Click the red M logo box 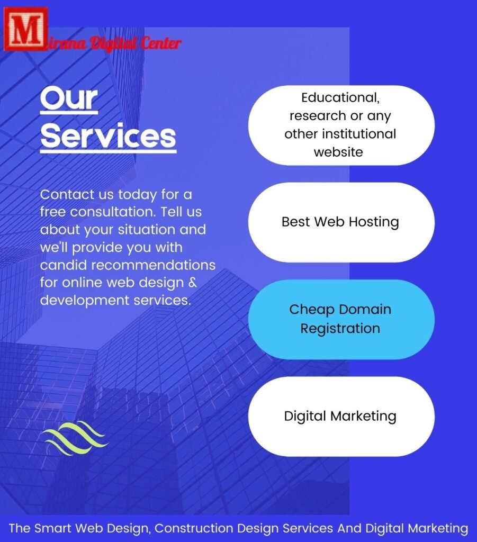point(25,30)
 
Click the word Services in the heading point(108,136)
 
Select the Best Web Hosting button point(341,222)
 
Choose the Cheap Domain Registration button point(341,319)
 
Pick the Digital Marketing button point(341,417)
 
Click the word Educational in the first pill point(340,97)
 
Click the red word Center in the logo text point(161,43)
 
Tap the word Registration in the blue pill point(340,329)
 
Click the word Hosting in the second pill point(374,222)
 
